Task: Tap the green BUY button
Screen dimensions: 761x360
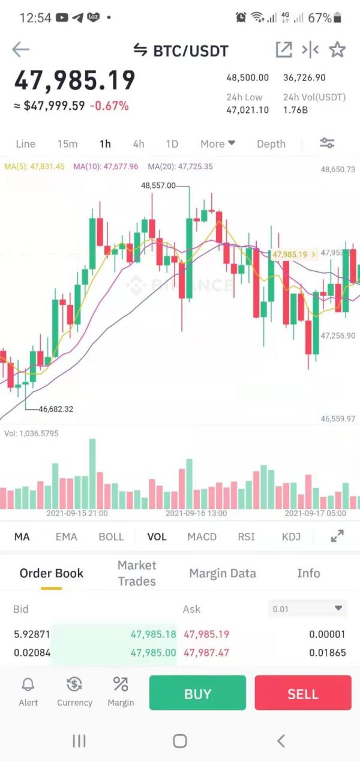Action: pyautogui.click(x=197, y=693)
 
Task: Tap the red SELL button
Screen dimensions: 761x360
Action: pyautogui.click(x=302, y=693)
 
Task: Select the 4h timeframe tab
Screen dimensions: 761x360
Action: pyautogui.click(x=139, y=144)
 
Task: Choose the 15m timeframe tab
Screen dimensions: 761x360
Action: pyautogui.click(x=67, y=144)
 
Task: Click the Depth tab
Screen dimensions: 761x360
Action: pyautogui.click(x=271, y=144)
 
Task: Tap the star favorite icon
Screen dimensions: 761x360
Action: pyautogui.click(x=337, y=50)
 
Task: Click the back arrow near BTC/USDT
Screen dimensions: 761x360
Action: pyautogui.click(x=20, y=49)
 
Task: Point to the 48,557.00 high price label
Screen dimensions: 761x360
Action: pyautogui.click(x=158, y=186)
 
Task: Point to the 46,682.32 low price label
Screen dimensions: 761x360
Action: pyautogui.click(x=56, y=409)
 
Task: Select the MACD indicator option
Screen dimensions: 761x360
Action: pyautogui.click(x=202, y=537)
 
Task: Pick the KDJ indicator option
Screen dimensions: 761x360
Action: pyautogui.click(x=291, y=537)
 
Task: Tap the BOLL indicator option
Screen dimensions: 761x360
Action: pyautogui.click(x=111, y=537)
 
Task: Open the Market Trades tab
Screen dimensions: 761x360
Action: pyautogui.click(x=137, y=573)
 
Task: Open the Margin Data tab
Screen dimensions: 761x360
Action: pyautogui.click(x=223, y=573)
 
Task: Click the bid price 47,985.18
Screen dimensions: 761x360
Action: pyautogui.click(x=153, y=634)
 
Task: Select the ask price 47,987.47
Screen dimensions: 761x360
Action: pyautogui.click(x=206, y=652)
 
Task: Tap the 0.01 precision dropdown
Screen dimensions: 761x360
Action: pyautogui.click(x=308, y=609)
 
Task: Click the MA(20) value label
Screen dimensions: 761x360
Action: pyautogui.click(x=180, y=166)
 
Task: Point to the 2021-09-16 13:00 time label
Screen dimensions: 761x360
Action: pyautogui.click(x=196, y=514)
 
